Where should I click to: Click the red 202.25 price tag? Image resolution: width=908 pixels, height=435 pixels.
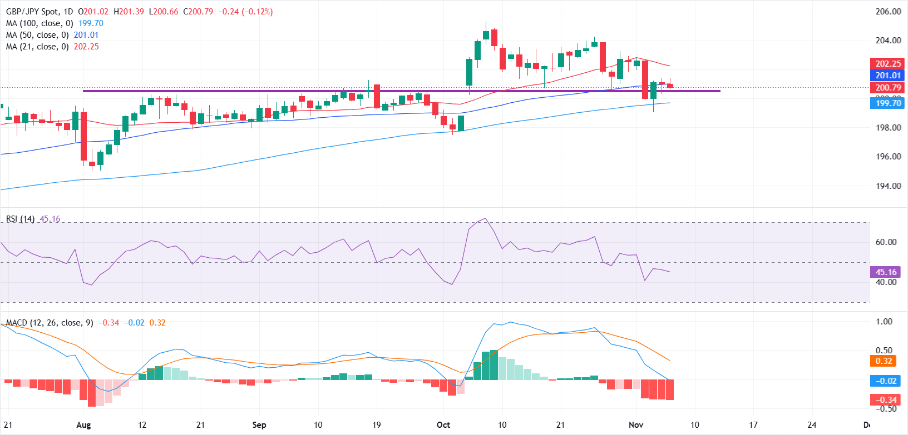(888, 64)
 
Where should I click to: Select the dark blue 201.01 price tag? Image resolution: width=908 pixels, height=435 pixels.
(888, 76)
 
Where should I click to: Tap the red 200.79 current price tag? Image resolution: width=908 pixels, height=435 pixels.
(888, 88)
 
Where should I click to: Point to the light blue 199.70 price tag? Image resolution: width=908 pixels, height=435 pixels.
(888, 103)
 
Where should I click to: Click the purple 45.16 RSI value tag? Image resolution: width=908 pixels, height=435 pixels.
(886, 272)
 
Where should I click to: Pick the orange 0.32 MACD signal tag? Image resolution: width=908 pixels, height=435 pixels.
(884, 361)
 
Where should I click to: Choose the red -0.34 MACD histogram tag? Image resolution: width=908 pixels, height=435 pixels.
(886, 400)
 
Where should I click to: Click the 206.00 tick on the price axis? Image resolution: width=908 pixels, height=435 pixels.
(888, 12)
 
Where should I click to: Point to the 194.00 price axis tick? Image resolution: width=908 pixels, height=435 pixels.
(888, 186)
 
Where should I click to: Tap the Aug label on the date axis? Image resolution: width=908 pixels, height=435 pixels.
(83, 425)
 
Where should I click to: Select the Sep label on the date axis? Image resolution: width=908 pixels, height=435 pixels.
(259, 425)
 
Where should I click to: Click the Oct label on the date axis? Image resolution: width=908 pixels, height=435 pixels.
(443, 425)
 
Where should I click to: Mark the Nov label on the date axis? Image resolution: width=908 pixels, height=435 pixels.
(636, 425)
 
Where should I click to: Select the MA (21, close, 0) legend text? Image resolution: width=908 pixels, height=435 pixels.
(37, 47)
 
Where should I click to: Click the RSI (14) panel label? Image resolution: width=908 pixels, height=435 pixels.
(20, 219)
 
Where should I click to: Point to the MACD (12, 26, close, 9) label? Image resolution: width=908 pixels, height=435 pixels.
(50, 323)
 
